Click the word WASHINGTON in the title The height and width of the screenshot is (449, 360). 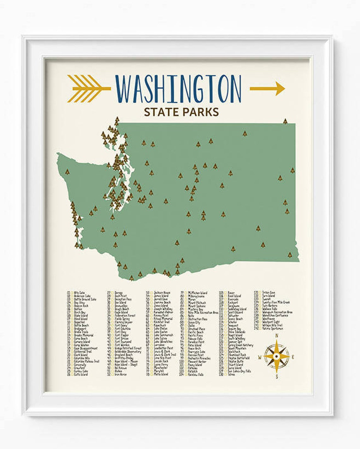(x=178, y=89)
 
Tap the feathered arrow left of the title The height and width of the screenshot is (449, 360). (x=88, y=88)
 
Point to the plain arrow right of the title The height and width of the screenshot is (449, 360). (x=267, y=88)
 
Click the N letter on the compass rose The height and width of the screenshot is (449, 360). (x=277, y=336)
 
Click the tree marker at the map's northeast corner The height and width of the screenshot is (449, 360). (x=285, y=121)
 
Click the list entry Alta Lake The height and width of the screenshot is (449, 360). (x=80, y=292)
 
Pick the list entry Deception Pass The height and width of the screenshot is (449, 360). (x=123, y=299)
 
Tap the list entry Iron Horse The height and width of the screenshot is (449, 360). (x=121, y=374)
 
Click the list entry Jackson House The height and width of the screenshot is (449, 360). (x=162, y=292)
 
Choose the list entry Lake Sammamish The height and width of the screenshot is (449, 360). (x=164, y=335)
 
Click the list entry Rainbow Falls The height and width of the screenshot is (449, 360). (x=196, y=374)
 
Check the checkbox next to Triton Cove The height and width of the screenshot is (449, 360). (x=260, y=292)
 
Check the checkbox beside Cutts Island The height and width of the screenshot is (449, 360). (x=72, y=374)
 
